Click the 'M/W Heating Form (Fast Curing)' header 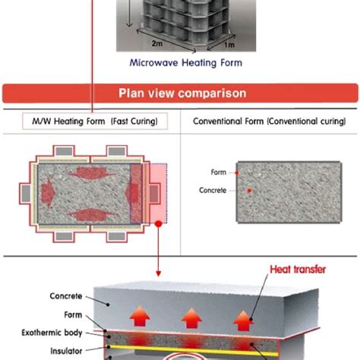[90, 122]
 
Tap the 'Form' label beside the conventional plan [218, 172]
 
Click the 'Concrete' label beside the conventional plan [213, 190]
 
